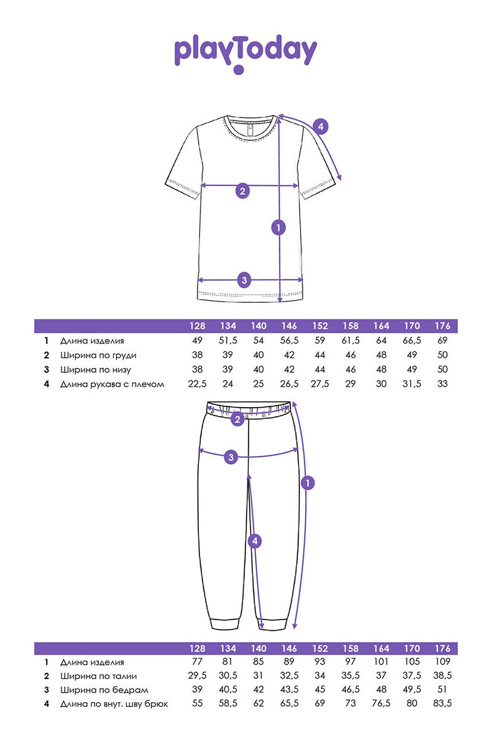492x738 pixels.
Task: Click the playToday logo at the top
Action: pos(245,53)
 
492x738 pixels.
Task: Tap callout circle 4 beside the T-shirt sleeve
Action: pos(321,126)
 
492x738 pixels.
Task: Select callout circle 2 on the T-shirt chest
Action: pos(242,191)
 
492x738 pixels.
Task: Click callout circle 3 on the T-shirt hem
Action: pos(244,280)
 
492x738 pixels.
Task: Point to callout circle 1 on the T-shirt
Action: pos(279,227)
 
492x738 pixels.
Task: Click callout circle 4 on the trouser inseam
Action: pos(255,541)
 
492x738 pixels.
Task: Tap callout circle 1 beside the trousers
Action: pos(307,483)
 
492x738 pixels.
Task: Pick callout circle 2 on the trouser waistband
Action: pos(237,419)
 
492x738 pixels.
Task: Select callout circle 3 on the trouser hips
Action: pos(231,457)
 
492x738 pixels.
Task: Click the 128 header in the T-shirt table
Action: pos(197,326)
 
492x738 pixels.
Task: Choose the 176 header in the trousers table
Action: pos(442,648)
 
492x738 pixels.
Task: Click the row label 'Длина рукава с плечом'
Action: pos(112,384)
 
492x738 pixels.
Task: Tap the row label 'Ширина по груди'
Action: pos(98,355)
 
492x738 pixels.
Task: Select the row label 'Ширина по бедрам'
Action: pos(104,690)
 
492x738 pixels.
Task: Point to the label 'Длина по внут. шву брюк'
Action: pos(114,704)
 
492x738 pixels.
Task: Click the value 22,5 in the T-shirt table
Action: pos(197,384)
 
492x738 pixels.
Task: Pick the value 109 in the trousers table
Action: pos(442,661)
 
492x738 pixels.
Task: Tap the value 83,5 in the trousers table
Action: pos(442,704)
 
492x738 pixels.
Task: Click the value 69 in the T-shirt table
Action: pos(442,340)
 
